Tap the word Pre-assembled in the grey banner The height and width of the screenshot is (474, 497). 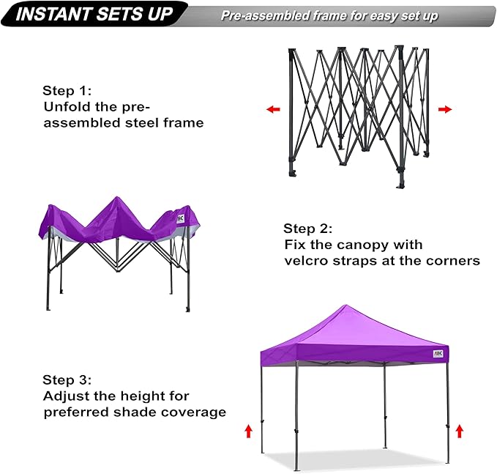click(x=260, y=15)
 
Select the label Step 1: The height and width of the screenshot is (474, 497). click(x=67, y=91)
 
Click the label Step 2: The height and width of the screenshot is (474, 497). click(x=308, y=228)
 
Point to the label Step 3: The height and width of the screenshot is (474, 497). click(x=67, y=379)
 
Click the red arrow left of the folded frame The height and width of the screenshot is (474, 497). click(x=273, y=109)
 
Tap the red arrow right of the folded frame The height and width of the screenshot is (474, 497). click(x=444, y=109)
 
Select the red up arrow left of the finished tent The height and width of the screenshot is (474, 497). click(x=248, y=431)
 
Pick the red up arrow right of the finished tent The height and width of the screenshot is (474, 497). click(x=459, y=431)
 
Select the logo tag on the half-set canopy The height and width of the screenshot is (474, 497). click(x=182, y=218)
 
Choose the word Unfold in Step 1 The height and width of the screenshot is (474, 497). click(x=65, y=107)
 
